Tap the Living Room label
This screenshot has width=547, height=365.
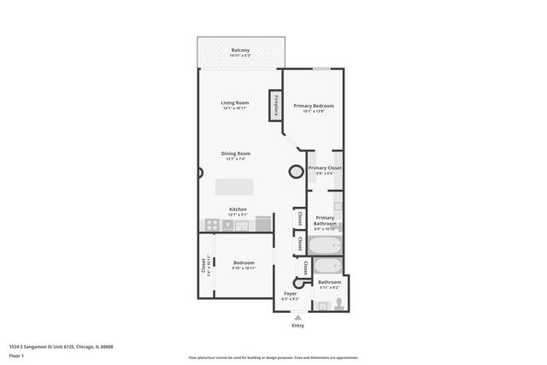pyautogui.click(x=234, y=104)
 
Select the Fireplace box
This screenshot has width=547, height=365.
pyautogui.click(x=276, y=104)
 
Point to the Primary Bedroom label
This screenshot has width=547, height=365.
pyautogui.click(x=314, y=107)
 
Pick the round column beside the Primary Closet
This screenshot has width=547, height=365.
pyautogui.click(x=296, y=170)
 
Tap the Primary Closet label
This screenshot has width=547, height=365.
pyautogui.click(x=325, y=169)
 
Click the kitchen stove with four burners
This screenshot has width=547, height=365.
pyautogui.click(x=209, y=225)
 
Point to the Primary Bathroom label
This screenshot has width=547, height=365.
pyautogui.click(x=325, y=221)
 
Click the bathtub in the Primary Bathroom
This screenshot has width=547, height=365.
pyautogui.click(x=326, y=248)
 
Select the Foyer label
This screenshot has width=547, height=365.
pyautogui.click(x=290, y=295)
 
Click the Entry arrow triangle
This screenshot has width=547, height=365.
pyautogui.click(x=297, y=316)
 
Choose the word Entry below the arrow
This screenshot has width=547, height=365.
pyautogui.click(x=297, y=325)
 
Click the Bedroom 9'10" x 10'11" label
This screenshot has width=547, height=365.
pyautogui.click(x=244, y=264)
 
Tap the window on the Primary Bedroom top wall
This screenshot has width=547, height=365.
pyautogui.click(x=321, y=69)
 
